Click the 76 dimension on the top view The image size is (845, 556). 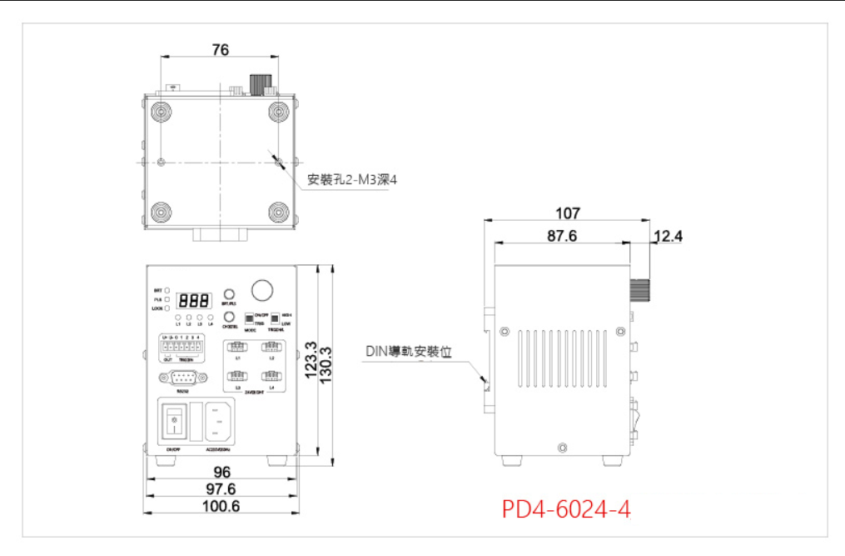220,50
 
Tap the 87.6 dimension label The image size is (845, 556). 562,237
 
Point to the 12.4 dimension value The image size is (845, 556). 668,237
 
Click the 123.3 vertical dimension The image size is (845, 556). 311,360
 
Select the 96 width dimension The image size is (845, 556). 221,473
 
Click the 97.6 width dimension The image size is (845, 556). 221,488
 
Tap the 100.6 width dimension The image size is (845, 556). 221,506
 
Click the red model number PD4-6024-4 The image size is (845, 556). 566,508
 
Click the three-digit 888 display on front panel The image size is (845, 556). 193,301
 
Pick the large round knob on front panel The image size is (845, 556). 263,289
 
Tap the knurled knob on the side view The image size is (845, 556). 640,290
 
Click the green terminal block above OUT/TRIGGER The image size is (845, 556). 185,343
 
